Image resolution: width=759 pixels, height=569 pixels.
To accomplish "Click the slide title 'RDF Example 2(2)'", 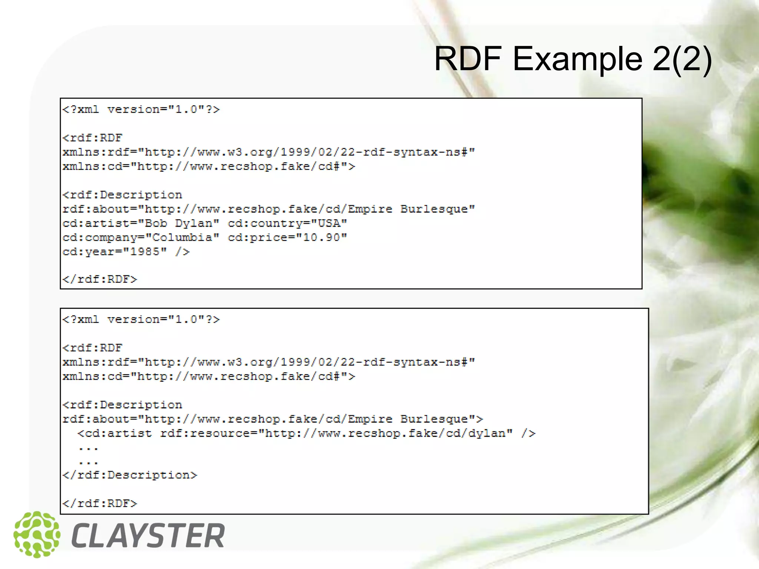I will click(x=573, y=59).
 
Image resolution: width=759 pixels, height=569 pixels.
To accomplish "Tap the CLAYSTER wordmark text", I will click(x=148, y=536).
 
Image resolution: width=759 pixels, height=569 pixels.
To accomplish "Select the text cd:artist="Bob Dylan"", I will click(x=141, y=223).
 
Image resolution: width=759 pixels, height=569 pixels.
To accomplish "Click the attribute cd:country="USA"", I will click(x=287, y=223).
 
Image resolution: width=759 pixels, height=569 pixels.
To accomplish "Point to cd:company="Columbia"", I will click(x=141, y=237).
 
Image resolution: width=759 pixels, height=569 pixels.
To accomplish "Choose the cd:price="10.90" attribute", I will click(x=287, y=237).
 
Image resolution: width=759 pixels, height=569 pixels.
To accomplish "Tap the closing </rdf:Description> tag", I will click(x=130, y=475).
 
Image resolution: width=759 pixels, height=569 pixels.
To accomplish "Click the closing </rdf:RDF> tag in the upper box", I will click(x=100, y=279).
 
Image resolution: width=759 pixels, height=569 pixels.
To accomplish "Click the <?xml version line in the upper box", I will click(x=141, y=110).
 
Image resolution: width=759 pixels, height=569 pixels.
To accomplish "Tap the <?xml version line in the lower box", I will click(x=141, y=320).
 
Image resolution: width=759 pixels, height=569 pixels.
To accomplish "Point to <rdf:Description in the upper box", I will click(x=122, y=195).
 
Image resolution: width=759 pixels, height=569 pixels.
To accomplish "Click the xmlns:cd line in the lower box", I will click(x=209, y=377).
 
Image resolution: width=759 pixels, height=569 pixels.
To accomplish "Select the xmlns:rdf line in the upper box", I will click(x=269, y=152).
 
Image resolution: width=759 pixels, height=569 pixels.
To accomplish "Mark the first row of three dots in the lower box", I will click(x=88, y=449).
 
